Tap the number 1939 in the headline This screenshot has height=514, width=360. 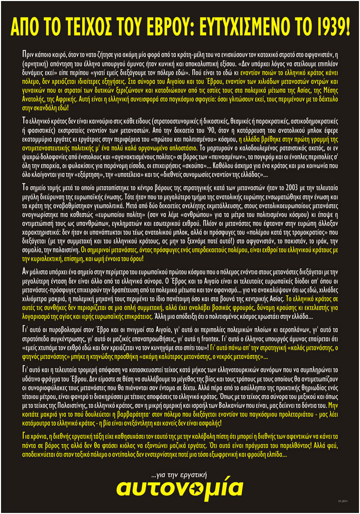(327, 26)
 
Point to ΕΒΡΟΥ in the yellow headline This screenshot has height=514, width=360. (177, 26)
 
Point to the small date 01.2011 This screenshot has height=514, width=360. (343, 500)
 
